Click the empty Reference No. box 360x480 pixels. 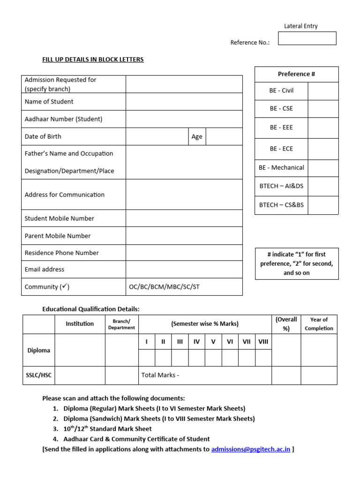tap(307, 38)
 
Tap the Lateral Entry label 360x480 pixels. tap(300, 26)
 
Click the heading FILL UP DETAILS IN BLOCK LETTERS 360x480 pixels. tap(93, 60)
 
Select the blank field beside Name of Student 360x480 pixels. tap(184, 102)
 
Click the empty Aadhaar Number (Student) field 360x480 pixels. tap(184, 119)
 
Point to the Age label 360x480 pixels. tap(197, 136)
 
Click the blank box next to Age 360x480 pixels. tap(224, 136)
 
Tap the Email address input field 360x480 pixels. tap(184, 270)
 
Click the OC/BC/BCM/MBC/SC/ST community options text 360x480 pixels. tap(164, 287)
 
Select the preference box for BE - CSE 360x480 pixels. tap(323, 109)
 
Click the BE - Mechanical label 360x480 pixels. tap(281, 168)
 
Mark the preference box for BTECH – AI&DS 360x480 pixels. tap(323, 186)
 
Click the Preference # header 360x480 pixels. tap(296, 74)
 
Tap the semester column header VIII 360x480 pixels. tap(263, 342)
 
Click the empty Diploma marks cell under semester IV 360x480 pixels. tap(196, 358)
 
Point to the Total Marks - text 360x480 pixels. tap(160, 375)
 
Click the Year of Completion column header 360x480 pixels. tap(319, 324)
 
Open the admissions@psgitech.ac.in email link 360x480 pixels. tap(251, 449)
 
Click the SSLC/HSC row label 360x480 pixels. tap(38, 375)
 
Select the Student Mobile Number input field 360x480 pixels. tap(184, 218)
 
